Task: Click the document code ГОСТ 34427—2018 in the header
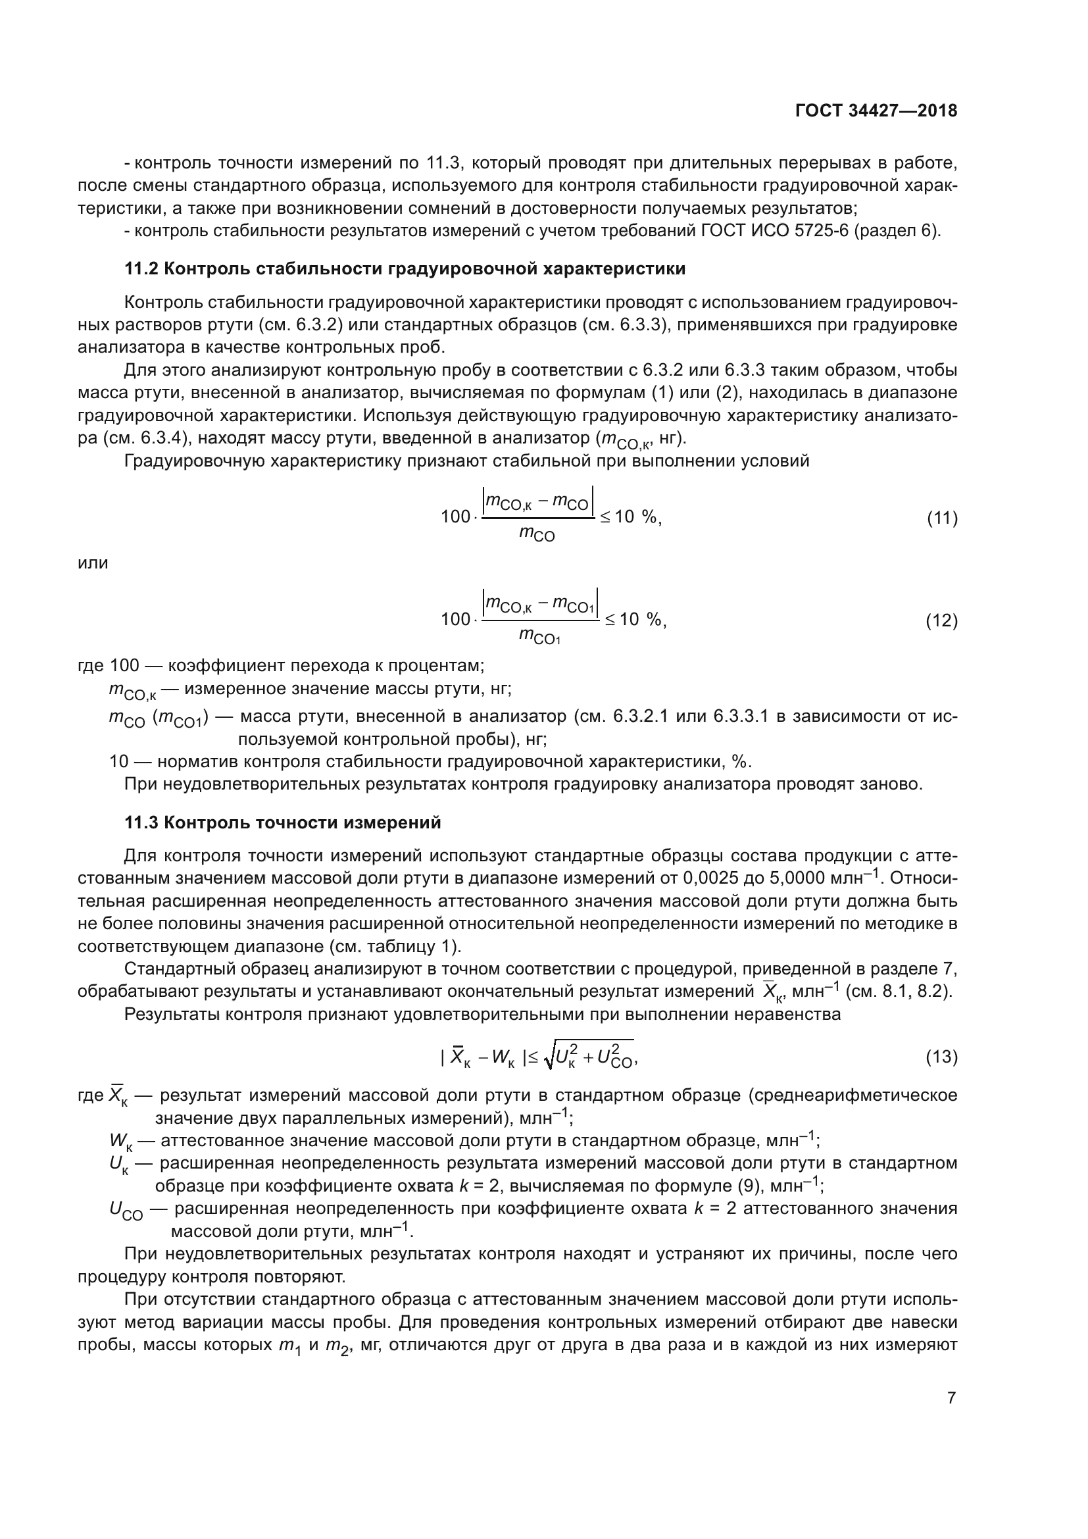point(876,111)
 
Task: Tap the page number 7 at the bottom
point(951,1398)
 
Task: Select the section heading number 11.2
point(141,270)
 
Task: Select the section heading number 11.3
point(141,823)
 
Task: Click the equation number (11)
point(942,518)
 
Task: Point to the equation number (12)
point(942,620)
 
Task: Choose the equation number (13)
point(942,1058)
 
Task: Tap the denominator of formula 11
point(537,535)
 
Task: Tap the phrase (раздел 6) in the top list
point(897,231)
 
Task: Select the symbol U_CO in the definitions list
point(126,1211)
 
